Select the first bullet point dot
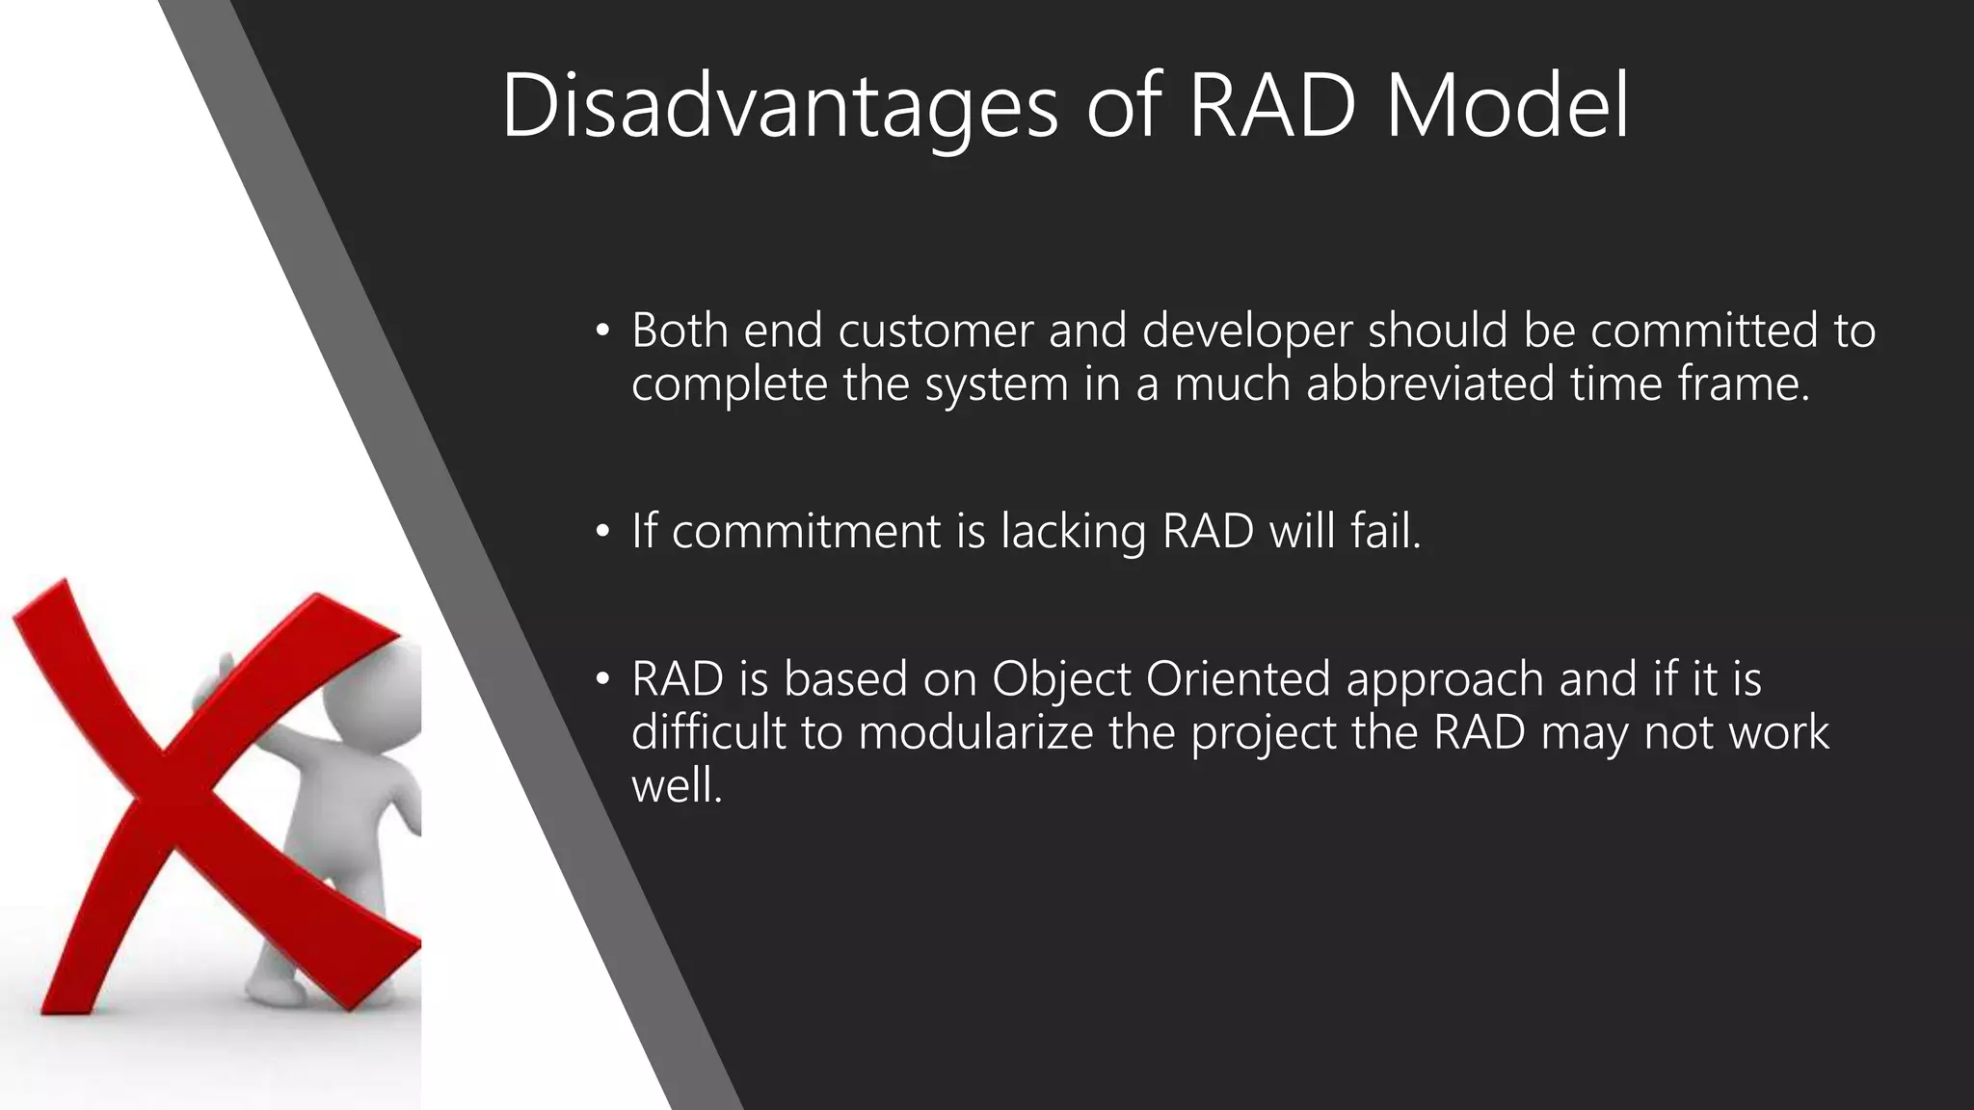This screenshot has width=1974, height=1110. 602,331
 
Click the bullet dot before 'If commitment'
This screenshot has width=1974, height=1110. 602,532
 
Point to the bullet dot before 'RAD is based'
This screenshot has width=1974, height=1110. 602,680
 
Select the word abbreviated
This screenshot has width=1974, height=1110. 1430,383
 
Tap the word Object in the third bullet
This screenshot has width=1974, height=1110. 1060,680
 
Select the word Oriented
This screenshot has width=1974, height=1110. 1239,678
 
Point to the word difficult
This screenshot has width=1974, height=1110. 708,732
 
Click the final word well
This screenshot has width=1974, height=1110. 677,785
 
